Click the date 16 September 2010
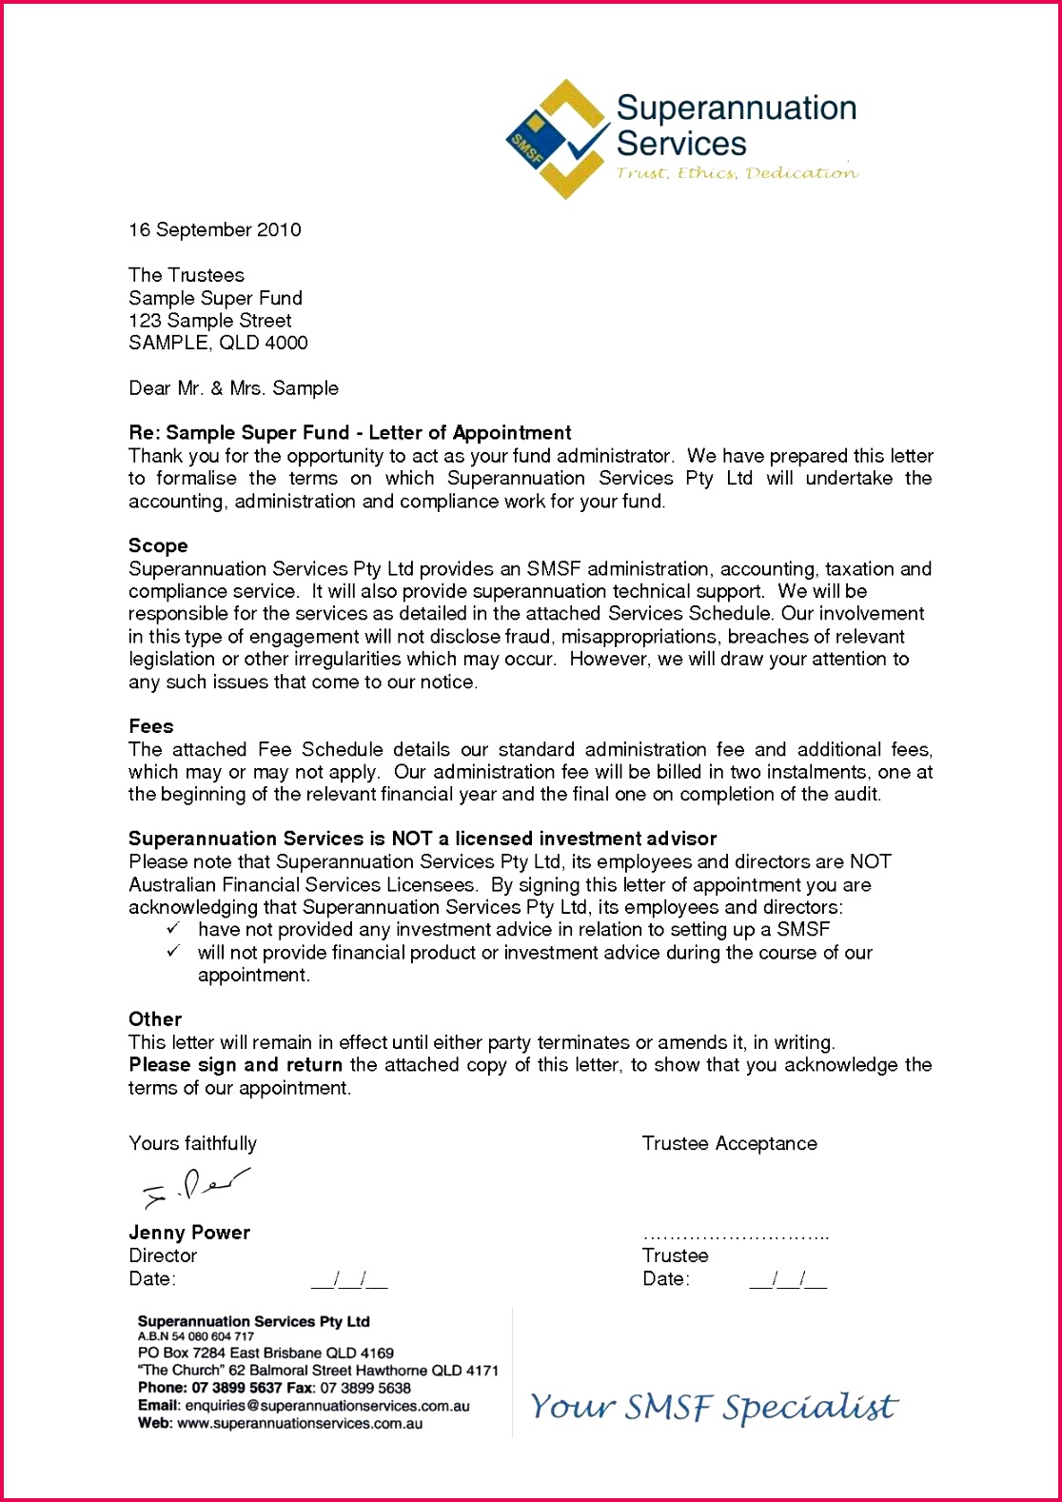pos(215,230)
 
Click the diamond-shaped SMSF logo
pos(557,140)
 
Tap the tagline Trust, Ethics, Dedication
pos(736,173)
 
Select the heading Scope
pos(158,546)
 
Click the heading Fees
pos(151,726)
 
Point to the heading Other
pos(155,1019)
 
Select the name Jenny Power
pos(189,1233)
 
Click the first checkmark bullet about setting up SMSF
pos(173,929)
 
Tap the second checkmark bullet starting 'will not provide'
pos(173,952)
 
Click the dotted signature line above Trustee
pos(735,1236)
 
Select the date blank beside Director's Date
pos(349,1280)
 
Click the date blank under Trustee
pos(788,1280)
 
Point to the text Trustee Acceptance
pos(729,1144)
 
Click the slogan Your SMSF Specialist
pos(714,1407)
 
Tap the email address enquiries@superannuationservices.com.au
pos(326,1406)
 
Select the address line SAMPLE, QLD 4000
pos(218,343)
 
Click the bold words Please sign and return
pos(235,1065)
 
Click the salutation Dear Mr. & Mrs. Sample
pos(233,388)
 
